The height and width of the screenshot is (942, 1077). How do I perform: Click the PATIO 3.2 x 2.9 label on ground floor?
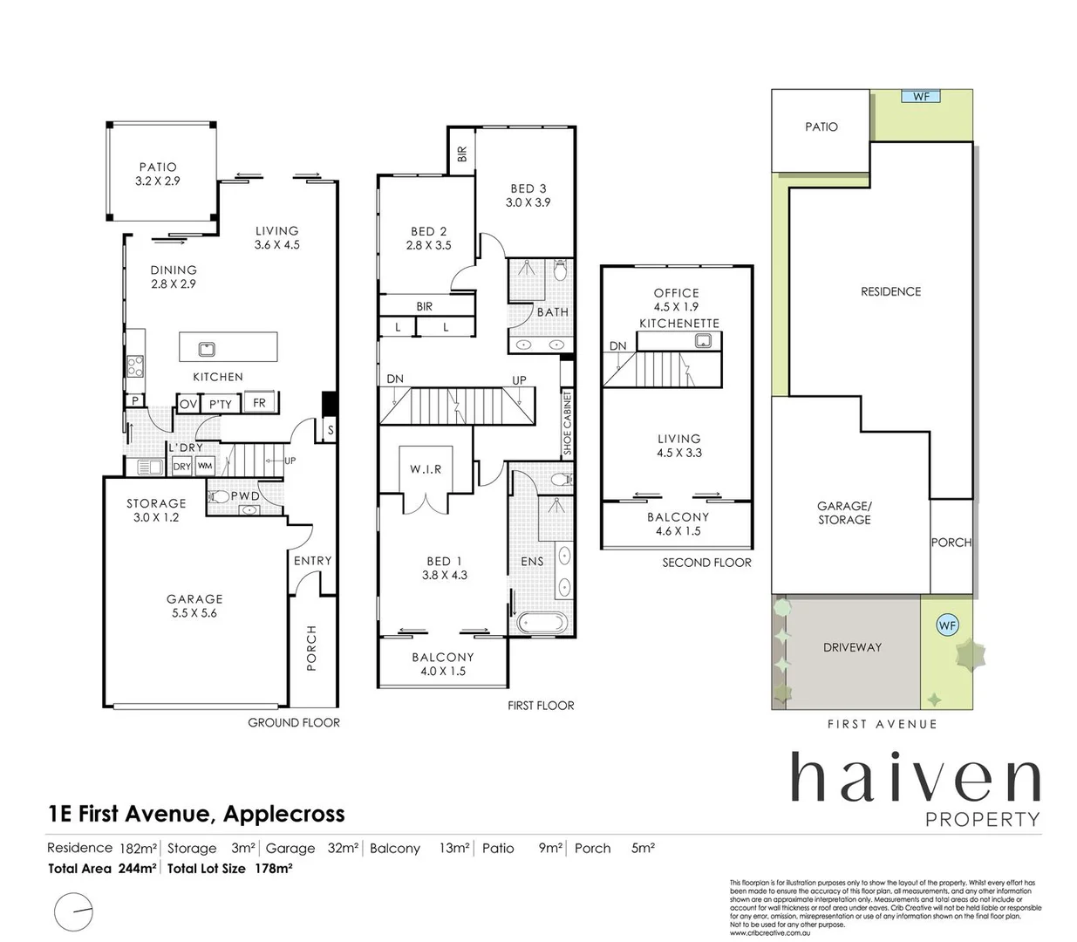pyautogui.click(x=157, y=174)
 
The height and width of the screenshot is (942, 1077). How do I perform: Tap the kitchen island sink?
pyautogui.click(x=207, y=349)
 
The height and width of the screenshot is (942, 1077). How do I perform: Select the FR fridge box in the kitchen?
pyautogui.click(x=259, y=402)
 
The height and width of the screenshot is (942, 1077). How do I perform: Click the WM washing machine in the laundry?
pyautogui.click(x=204, y=467)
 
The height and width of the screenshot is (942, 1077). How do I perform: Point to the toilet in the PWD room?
pyautogui.click(x=221, y=497)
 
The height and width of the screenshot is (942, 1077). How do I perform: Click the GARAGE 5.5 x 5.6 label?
pyautogui.click(x=194, y=605)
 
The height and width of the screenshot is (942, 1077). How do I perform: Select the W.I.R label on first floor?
pyautogui.click(x=426, y=469)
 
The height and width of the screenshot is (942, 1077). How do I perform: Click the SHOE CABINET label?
pyautogui.click(x=567, y=424)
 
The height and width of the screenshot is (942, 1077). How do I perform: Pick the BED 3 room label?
pyautogui.click(x=528, y=195)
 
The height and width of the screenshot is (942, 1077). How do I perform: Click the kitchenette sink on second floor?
pyautogui.click(x=703, y=341)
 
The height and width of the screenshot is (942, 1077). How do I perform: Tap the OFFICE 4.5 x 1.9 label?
pyautogui.click(x=677, y=299)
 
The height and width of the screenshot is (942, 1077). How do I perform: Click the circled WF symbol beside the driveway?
pyautogui.click(x=946, y=625)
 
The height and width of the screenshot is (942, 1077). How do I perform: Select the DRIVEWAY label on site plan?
pyautogui.click(x=852, y=647)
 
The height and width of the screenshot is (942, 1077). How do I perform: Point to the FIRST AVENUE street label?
pyautogui.click(x=882, y=724)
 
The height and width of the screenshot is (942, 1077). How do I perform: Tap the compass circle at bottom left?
pyautogui.click(x=73, y=912)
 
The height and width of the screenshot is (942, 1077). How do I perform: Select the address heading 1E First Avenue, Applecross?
pyautogui.click(x=196, y=814)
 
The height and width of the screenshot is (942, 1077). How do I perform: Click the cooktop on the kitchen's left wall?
pyautogui.click(x=135, y=366)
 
